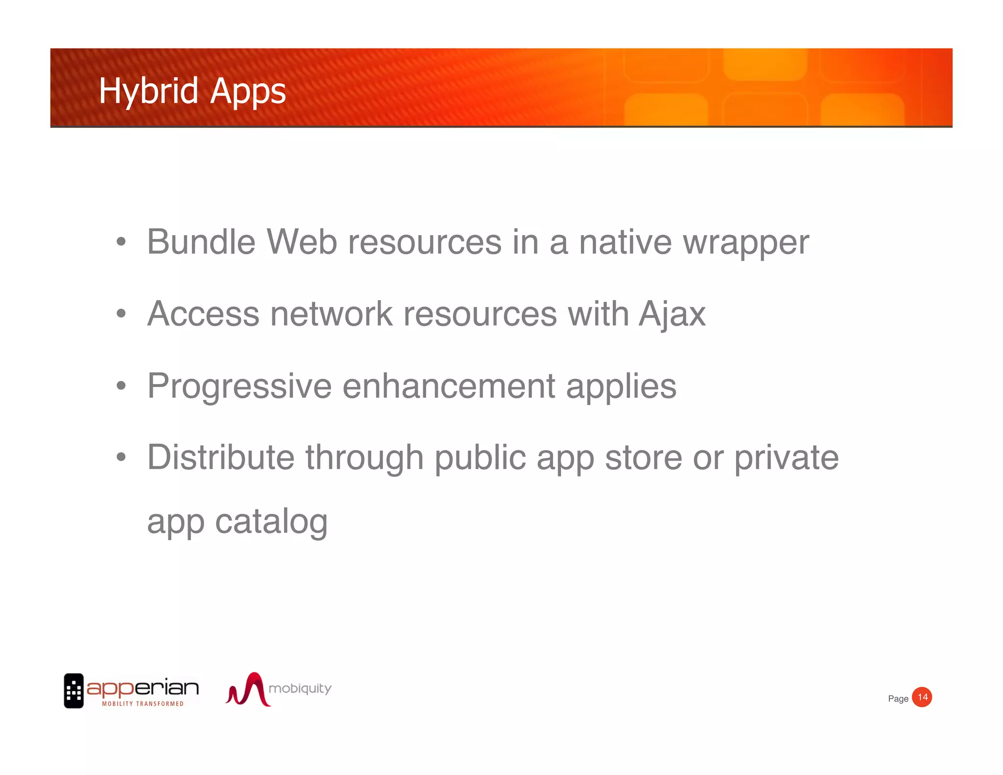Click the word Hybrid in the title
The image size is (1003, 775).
(148, 92)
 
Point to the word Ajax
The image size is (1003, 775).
(672, 315)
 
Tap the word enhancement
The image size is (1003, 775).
(449, 386)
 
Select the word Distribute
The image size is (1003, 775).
(221, 457)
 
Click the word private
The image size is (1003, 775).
(786, 458)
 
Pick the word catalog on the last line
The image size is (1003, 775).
(271, 522)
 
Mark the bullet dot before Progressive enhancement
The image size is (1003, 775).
(121, 386)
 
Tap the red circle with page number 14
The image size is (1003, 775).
(922, 697)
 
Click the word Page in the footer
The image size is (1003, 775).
(898, 699)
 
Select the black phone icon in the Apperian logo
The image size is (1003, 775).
(74, 691)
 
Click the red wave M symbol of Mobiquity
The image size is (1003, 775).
(247, 690)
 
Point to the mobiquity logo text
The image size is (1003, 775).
(300, 688)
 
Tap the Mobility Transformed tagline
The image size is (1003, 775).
(143, 703)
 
